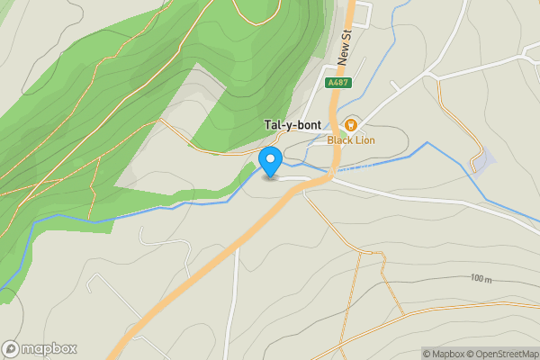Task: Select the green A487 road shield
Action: tap(337, 83)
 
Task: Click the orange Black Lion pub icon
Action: tap(350, 125)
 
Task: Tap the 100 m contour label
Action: tap(481, 279)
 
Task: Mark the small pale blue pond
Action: tap(483, 162)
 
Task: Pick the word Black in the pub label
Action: tap(339, 139)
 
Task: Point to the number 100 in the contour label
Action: tap(477, 279)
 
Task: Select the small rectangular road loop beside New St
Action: tap(362, 13)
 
